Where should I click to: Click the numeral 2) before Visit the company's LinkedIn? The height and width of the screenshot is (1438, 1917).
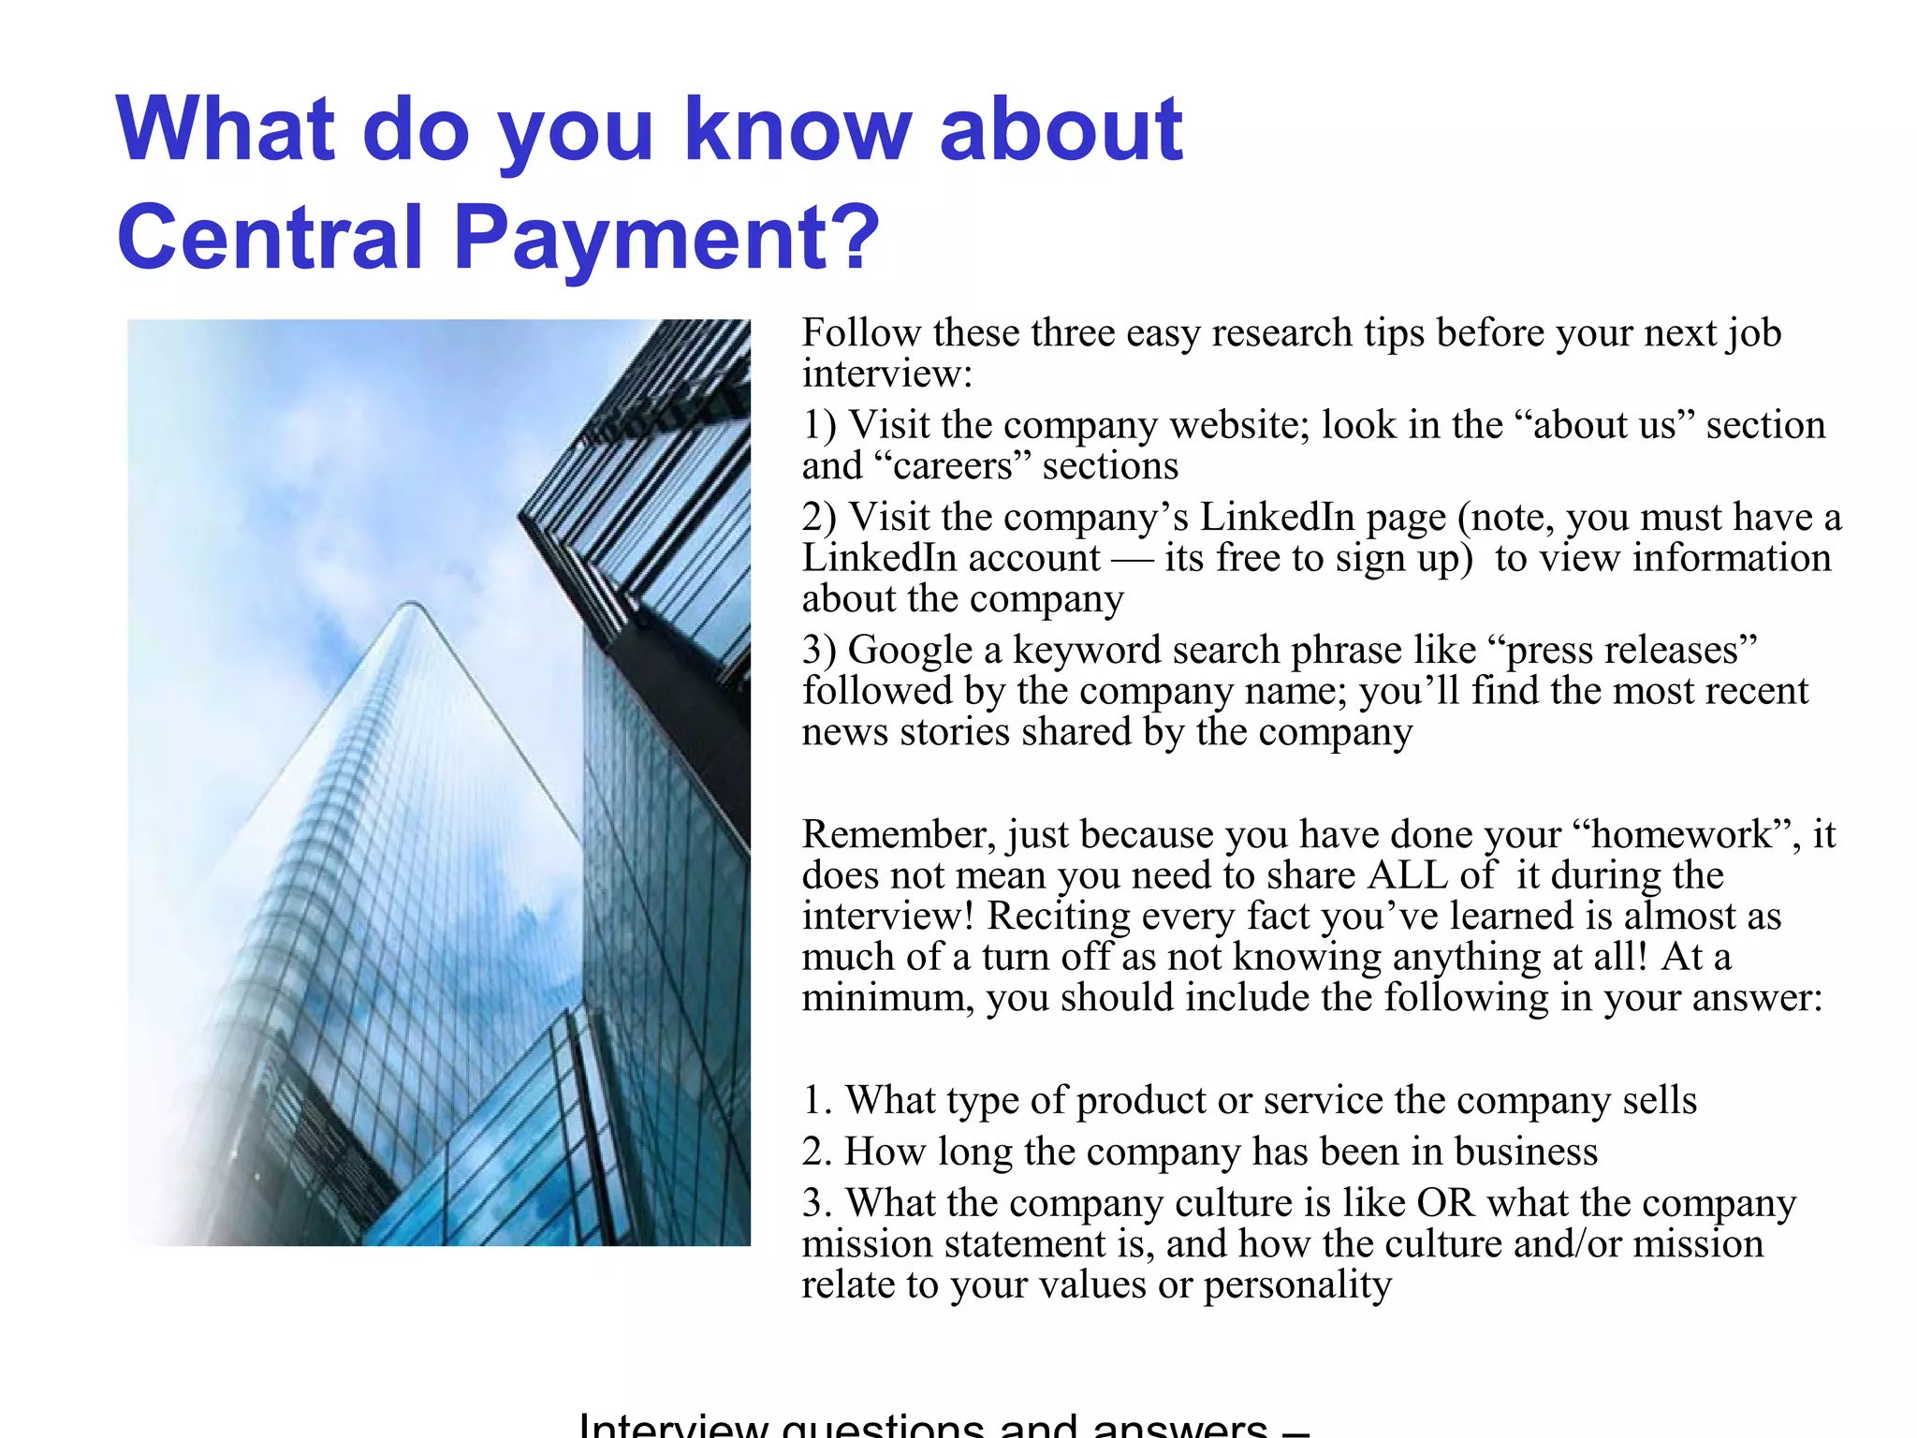point(819,518)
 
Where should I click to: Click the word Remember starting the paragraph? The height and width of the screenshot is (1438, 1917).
point(899,834)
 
